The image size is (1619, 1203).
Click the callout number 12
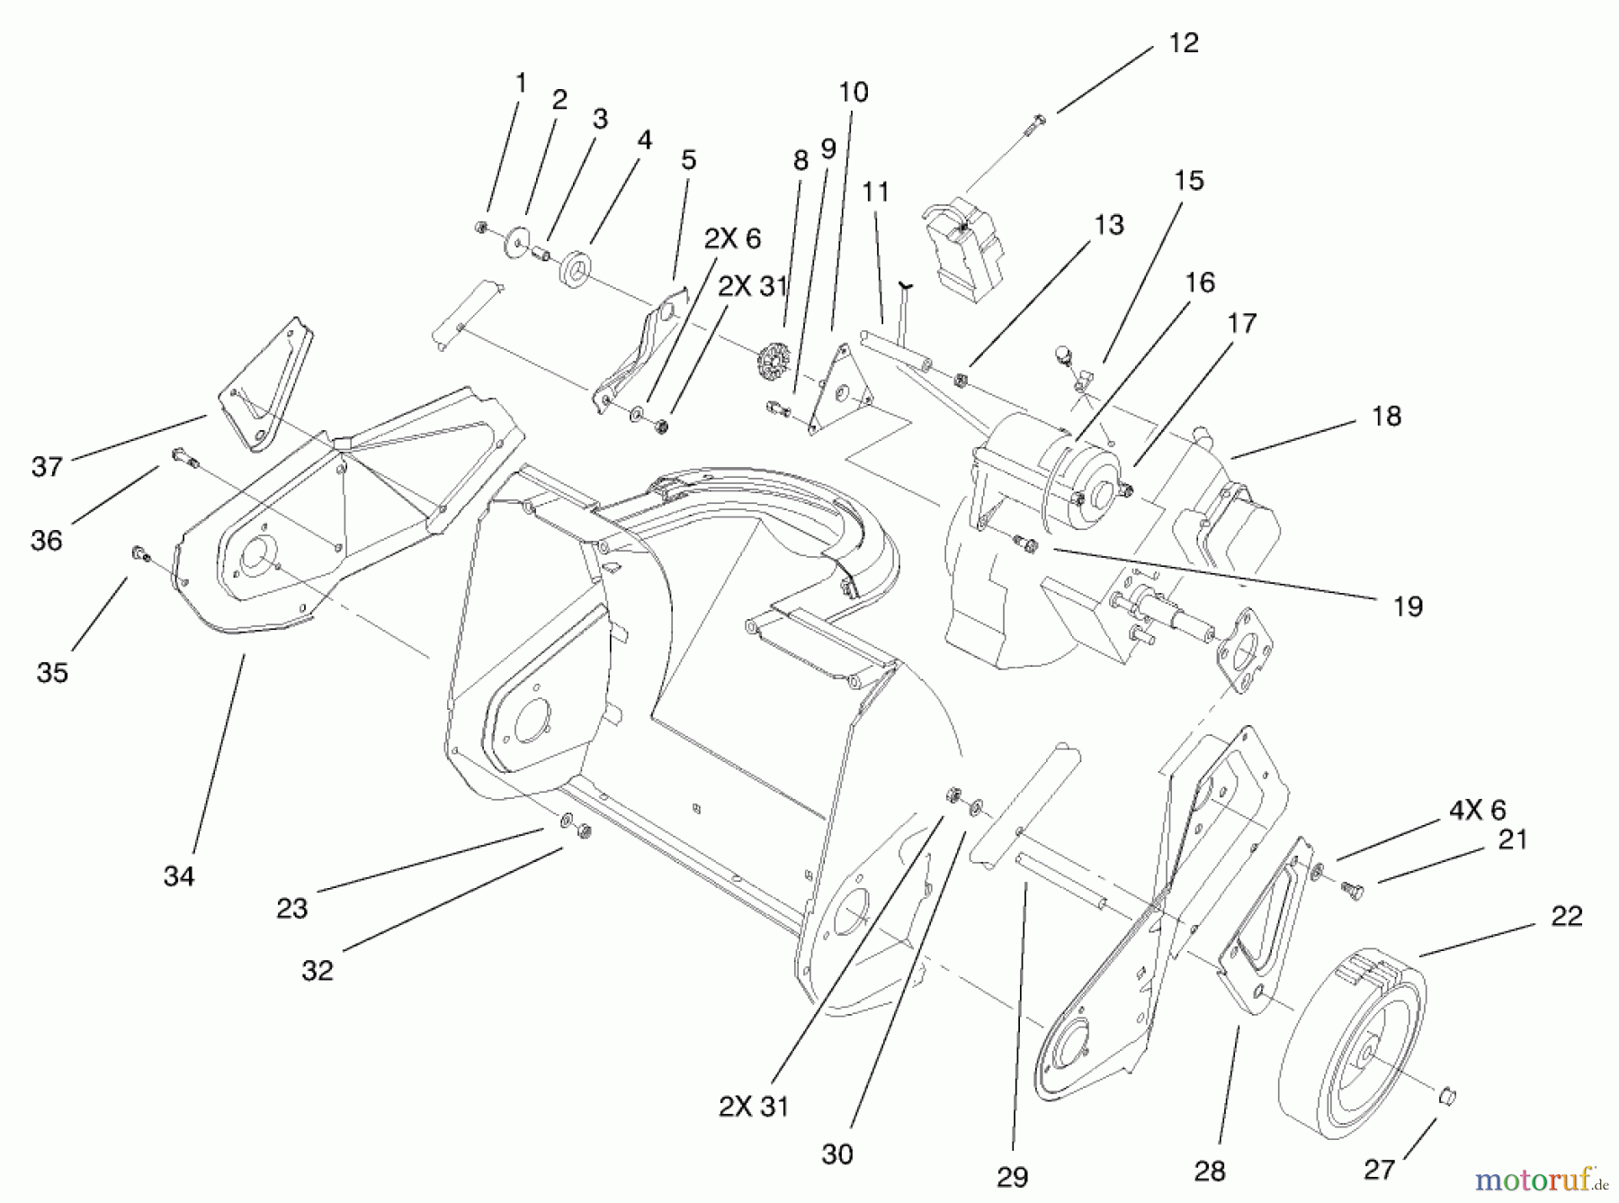pyautogui.click(x=1184, y=43)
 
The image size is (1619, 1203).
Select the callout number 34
pyautogui.click(x=178, y=875)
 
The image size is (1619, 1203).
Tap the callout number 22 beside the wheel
pyautogui.click(x=1567, y=916)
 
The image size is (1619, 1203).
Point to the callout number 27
pyautogui.click(x=1379, y=1169)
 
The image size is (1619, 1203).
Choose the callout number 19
pyautogui.click(x=1409, y=606)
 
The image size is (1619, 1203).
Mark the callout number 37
pyautogui.click(x=47, y=466)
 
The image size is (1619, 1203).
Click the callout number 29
pyautogui.click(x=1013, y=1177)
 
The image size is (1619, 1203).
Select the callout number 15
pyautogui.click(x=1189, y=181)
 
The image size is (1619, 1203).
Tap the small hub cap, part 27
pyautogui.click(x=1446, y=1096)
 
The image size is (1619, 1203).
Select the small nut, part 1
pyautogui.click(x=483, y=227)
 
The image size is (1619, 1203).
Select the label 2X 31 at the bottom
pyautogui.click(x=754, y=1106)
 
